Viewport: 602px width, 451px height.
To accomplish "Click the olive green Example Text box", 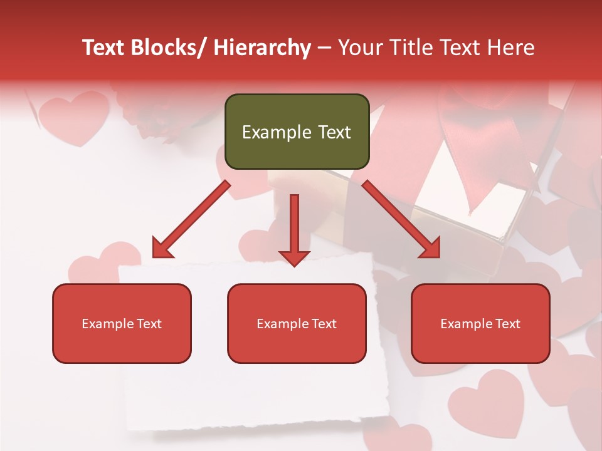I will click(x=297, y=132).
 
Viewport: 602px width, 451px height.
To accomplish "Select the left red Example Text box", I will click(x=122, y=323).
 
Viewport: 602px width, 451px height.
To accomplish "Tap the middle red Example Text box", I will click(x=297, y=323).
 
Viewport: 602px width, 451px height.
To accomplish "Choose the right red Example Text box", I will click(x=480, y=323).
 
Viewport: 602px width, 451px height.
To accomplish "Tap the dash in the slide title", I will click(x=324, y=48).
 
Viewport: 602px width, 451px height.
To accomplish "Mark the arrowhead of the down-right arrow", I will click(x=430, y=248).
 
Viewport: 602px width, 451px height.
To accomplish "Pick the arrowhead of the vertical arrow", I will click(x=294, y=257).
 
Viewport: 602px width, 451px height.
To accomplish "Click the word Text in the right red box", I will click(x=507, y=323).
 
